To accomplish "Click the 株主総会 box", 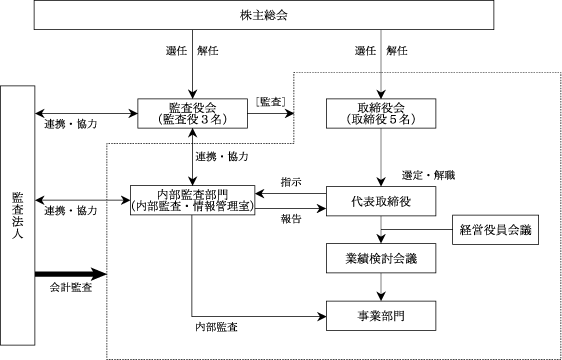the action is tap(264, 15).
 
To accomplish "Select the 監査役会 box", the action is tap(192, 113).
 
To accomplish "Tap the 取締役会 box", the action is tap(381, 113).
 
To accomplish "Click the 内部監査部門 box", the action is tap(192, 200).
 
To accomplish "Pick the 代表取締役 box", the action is tap(381, 201).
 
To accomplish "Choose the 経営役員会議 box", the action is tap(495, 230).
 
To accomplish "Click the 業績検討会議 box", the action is tap(381, 258).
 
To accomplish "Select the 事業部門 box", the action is tap(381, 316).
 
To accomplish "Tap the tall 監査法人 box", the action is tap(18, 215).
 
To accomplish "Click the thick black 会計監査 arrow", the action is tap(71, 274).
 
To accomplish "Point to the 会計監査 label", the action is tap(71, 288).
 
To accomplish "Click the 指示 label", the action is tap(291, 182).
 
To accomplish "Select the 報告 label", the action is tap(291, 219).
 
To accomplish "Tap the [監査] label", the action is tap(271, 102).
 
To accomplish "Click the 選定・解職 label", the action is tap(428, 176).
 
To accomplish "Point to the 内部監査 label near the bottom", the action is tap(216, 327).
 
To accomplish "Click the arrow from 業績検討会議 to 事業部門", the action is tap(381, 287).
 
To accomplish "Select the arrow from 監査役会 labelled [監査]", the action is tap(271, 114).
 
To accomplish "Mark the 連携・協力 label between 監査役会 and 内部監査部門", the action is tap(222, 157).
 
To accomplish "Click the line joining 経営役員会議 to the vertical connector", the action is tap(416, 229).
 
